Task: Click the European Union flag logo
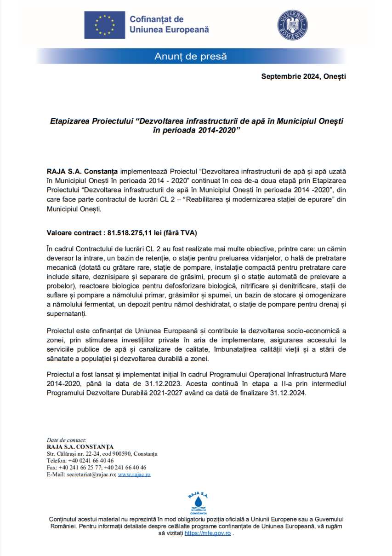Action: (x=104, y=25)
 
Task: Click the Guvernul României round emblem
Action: (x=292, y=24)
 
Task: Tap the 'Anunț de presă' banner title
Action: (x=190, y=57)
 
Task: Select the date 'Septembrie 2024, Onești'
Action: (x=303, y=76)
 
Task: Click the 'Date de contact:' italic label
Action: (x=66, y=440)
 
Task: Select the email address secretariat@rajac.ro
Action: (x=91, y=474)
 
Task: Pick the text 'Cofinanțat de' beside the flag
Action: (x=157, y=19)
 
